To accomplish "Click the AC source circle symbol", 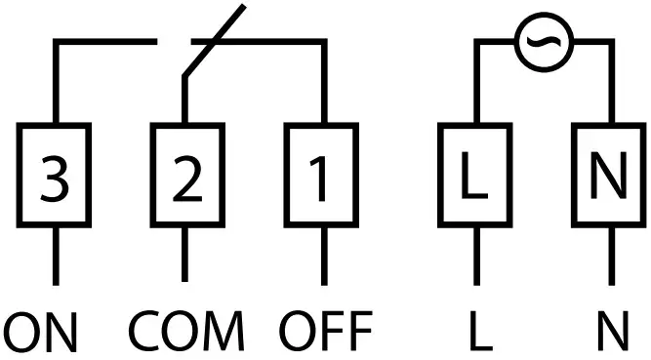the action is coord(541,44).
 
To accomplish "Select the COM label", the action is coord(185,332).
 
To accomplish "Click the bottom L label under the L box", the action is coord(478,332).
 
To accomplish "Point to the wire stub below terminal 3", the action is coord(55,255).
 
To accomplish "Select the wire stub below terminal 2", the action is coord(184,255).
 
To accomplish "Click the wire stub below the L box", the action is coord(475,255).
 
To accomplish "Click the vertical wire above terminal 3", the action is coord(55,83).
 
